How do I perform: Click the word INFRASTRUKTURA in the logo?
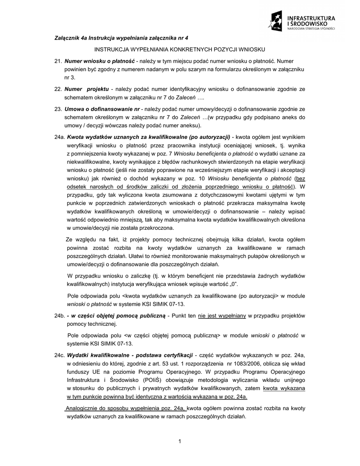313,18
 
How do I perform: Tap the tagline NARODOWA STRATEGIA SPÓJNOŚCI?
313,29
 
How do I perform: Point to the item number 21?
58,61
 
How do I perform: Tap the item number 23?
58,109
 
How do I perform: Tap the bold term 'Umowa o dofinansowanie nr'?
103,109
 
